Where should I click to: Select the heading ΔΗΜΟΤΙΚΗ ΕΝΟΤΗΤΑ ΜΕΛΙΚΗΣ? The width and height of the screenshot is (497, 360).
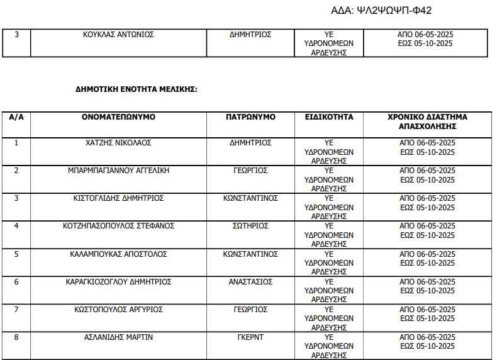tap(137, 89)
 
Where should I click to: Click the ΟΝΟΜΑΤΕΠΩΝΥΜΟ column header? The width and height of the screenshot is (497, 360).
tap(118, 117)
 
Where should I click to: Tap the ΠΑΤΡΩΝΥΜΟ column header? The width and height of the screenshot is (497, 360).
tap(250, 117)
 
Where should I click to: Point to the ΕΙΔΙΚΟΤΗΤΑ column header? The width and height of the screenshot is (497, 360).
tap(329, 117)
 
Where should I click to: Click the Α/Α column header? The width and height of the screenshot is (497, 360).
tap(16, 117)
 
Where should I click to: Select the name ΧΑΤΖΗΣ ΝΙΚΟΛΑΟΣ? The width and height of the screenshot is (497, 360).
tap(118, 143)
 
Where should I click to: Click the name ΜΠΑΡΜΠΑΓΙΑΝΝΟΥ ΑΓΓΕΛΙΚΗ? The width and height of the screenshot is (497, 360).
tap(118, 171)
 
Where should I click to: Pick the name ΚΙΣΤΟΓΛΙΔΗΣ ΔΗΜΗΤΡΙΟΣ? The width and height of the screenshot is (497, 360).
tap(118, 198)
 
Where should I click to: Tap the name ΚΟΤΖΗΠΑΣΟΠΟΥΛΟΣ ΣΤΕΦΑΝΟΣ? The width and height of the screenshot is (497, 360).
tap(118, 226)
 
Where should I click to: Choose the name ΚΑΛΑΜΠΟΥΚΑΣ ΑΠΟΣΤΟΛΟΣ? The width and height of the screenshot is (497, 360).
tap(118, 254)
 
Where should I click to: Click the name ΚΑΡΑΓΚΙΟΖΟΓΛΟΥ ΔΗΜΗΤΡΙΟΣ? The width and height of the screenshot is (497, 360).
tap(118, 282)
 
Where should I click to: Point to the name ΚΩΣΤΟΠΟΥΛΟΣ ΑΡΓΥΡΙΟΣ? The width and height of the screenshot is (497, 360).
tap(118, 310)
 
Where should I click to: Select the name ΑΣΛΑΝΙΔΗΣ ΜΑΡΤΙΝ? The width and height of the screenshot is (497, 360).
tap(118, 337)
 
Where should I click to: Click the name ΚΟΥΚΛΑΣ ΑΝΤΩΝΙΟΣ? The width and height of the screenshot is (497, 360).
tap(118, 35)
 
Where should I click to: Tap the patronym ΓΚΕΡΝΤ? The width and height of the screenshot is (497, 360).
tap(250, 337)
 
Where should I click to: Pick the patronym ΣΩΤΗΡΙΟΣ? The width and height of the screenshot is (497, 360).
tap(250, 226)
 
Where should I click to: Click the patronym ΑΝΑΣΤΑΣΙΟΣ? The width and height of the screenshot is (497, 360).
tap(250, 282)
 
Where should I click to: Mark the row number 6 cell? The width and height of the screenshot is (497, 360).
tap(16, 282)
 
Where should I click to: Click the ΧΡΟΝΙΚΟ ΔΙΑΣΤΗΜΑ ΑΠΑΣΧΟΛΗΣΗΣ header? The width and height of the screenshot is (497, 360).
tap(427, 121)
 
